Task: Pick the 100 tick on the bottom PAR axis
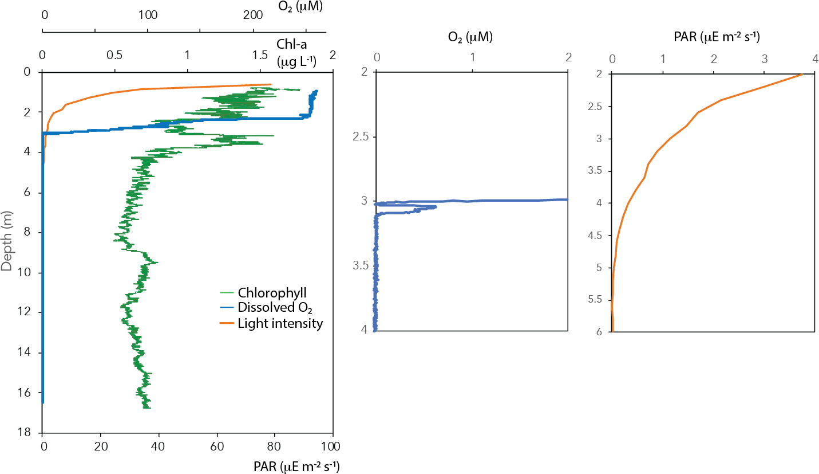[x=333, y=445]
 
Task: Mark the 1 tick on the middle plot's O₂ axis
[x=472, y=58]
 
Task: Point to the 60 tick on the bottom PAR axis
[x=217, y=445]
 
